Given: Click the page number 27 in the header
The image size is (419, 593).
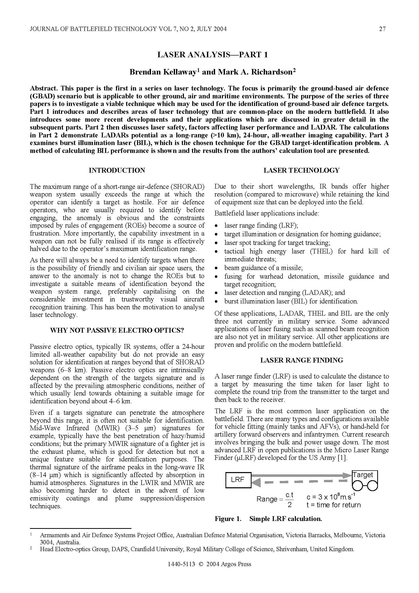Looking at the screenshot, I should click(x=382, y=29).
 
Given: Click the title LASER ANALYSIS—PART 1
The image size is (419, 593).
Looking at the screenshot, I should click(x=212, y=55).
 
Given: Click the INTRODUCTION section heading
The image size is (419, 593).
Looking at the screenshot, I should click(x=117, y=170).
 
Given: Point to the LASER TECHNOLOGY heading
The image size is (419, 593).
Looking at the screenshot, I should click(x=301, y=170).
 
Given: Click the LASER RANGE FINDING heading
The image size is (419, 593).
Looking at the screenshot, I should click(x=301, y=360).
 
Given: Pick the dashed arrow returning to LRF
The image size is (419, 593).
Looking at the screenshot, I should click(x=299, y=482).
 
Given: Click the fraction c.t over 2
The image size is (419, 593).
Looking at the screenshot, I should click(x=290, y=500).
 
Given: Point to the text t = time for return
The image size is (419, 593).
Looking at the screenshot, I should click(x=334, y=505).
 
